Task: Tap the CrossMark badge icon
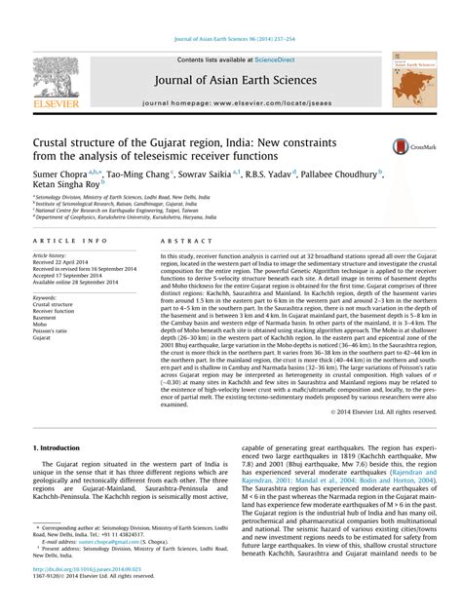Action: pyautogui.click(x=403, y=147)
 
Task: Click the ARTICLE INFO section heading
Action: pyautogui.click(x=65, y=239)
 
